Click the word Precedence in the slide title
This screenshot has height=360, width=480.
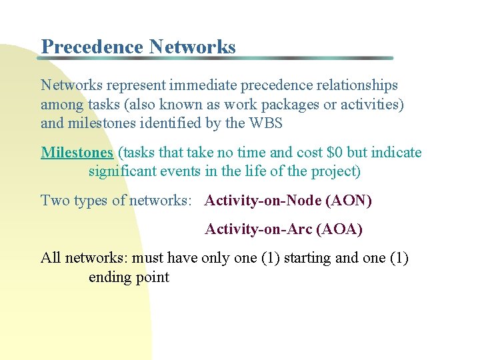pos(92,47)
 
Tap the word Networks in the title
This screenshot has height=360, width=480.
pos(193,47)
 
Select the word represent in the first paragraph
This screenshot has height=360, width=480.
pos(135,85)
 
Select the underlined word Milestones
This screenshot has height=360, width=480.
pos(77,153)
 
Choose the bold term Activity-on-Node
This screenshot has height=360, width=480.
pos(263,201)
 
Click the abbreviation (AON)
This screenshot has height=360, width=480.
pos(349,201)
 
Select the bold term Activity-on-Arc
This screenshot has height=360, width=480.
pos(259,229)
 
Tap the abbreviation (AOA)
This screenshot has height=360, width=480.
pos(340,229)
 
